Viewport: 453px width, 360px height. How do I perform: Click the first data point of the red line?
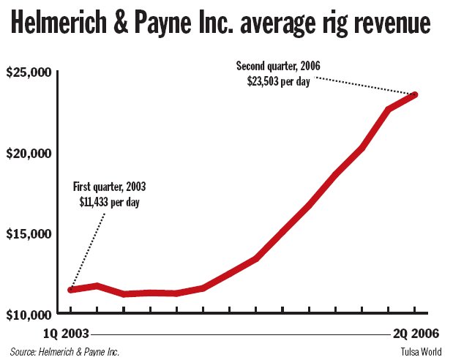(x=71, y=290)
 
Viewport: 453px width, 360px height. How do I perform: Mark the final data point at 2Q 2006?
(x=415, y=94)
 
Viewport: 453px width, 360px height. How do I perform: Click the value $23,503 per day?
(x=278, y=81)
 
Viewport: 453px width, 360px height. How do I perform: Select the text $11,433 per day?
(x=109, y=200)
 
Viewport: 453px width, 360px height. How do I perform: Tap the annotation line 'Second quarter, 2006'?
(x=278, y=67)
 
